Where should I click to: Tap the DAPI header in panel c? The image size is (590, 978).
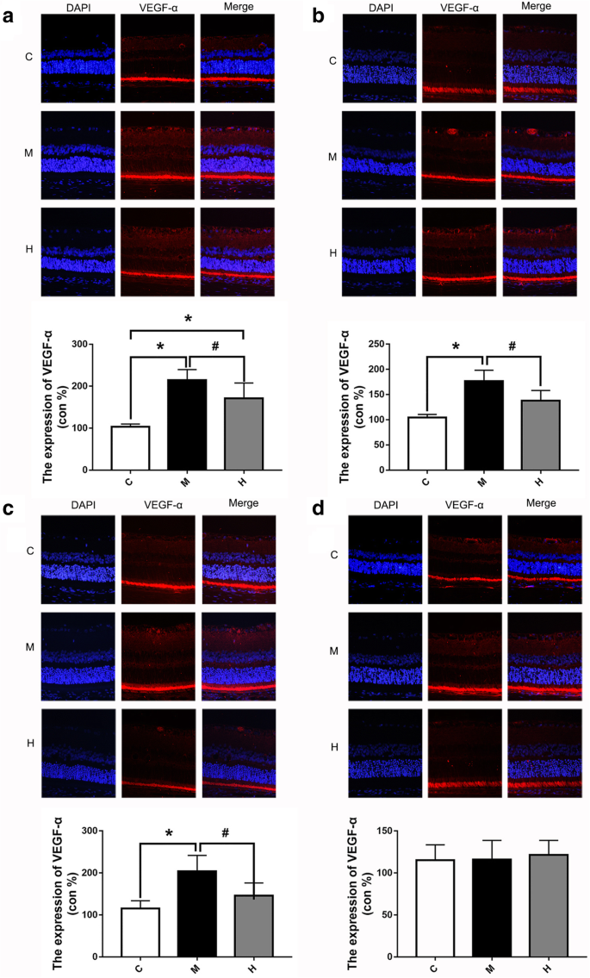(78, 504)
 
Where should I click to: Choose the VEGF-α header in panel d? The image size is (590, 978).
(463, 504)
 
